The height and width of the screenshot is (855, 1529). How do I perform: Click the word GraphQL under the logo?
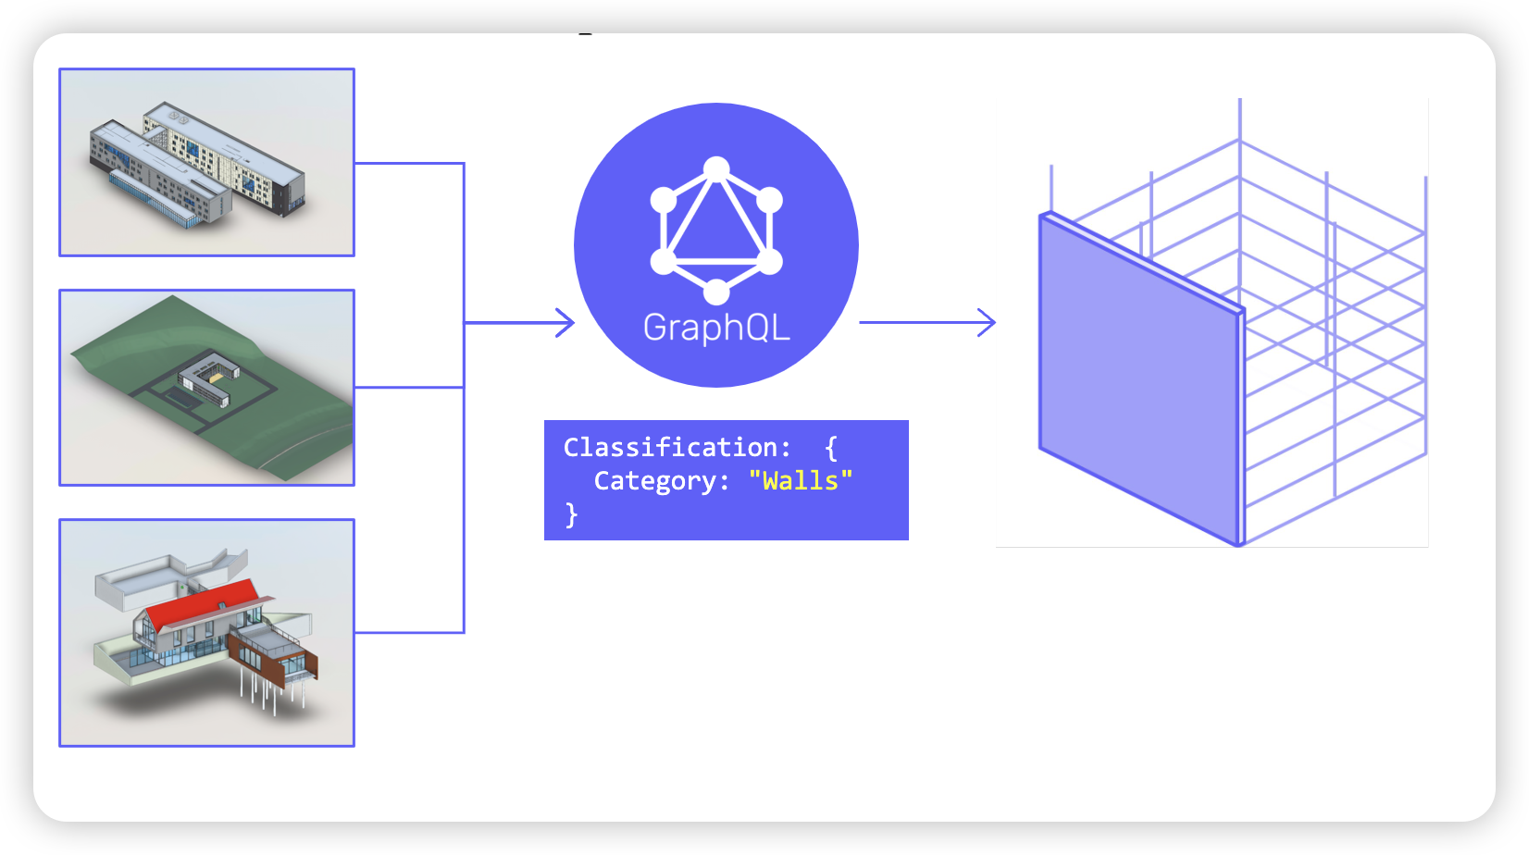716,328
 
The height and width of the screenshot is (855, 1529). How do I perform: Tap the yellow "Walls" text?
800,481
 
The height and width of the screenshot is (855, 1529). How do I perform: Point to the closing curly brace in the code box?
571,514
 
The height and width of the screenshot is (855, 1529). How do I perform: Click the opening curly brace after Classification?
830,448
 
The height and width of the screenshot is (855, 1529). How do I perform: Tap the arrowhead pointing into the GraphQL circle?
565,323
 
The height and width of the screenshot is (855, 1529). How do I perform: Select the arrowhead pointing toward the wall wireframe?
987,323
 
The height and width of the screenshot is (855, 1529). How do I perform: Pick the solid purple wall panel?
1138,379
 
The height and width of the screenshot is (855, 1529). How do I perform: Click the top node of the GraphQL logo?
716,169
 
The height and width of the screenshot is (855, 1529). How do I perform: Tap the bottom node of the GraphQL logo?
716,292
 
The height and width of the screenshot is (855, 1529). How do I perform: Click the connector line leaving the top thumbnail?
407,164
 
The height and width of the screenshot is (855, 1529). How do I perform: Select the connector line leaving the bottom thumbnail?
407,633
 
